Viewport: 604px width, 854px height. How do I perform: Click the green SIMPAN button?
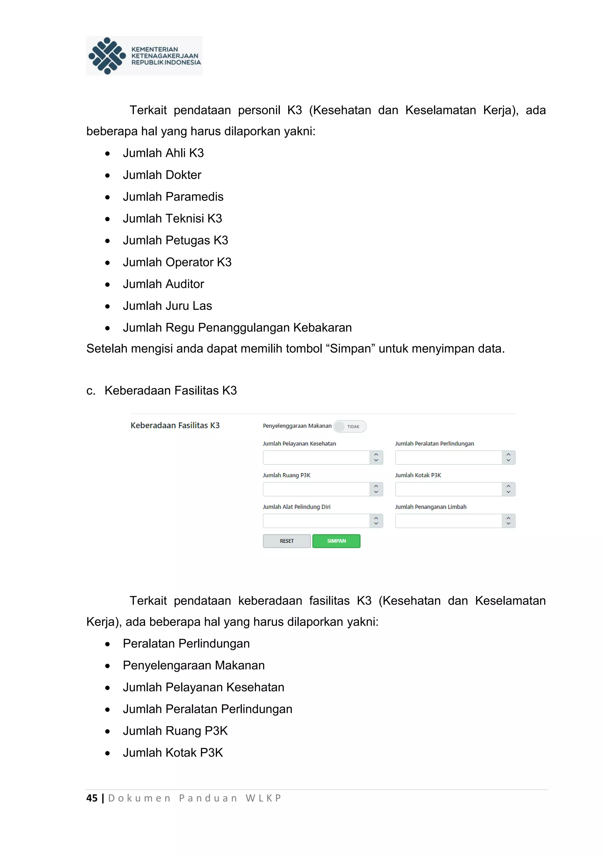click(x=336, y=541)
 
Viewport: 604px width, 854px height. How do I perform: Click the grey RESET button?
click(x=287, y=541)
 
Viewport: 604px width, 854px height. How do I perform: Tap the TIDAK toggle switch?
click(x=349, y=426)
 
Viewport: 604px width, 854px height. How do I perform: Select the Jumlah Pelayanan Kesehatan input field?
click(x=316, y=457)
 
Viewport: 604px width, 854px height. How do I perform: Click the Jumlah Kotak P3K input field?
click(x=448, y=489)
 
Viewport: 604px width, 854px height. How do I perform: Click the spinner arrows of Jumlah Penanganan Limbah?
click(x=508, y=521)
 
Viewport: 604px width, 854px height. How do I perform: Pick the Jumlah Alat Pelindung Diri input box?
click(x=316, y=521)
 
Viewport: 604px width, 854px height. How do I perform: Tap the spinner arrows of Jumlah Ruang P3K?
click(x=376, y=489)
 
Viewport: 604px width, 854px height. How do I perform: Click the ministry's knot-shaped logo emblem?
click(x=107, y=56)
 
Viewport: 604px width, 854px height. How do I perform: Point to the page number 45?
click(x=92, y=798)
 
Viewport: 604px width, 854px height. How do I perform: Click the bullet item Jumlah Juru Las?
click(x=167, y=306)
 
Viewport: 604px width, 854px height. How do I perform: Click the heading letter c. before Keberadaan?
click(x=91, y=390)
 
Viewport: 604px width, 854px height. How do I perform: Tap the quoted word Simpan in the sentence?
click(x=350, y=349)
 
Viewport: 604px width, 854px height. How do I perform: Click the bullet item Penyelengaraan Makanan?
click(x=194, y=666)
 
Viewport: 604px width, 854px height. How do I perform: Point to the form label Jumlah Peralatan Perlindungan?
click(x=434, y=443)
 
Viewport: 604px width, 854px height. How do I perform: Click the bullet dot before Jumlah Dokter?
click(x=107, y=175)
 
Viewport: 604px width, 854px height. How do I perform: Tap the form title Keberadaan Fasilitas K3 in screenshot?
click(x=175, y=425)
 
